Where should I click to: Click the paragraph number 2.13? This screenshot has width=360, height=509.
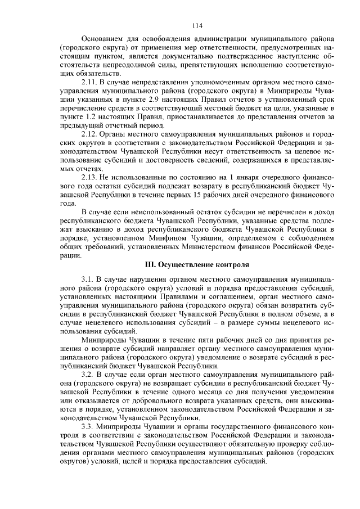(x=90, y=176)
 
